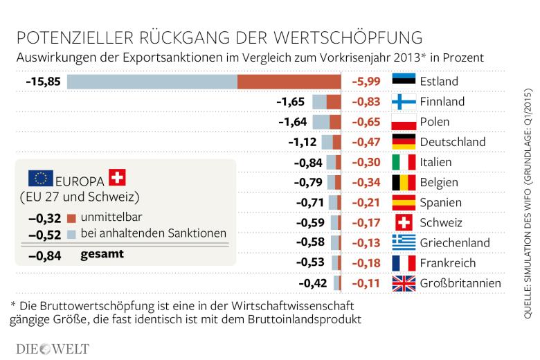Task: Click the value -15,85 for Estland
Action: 43,82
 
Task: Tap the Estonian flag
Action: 404,79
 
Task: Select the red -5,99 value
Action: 366,82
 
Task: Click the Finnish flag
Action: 404,102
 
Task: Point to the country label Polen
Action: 435,122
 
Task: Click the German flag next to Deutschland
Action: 404,142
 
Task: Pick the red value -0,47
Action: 366,142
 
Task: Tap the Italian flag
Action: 404,162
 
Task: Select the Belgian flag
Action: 404,182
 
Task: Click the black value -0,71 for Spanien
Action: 310,203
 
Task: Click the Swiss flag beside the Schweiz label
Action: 404,222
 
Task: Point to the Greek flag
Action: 404,242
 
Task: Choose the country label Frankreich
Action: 448,263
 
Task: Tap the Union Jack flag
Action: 404,283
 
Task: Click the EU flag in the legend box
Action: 41,178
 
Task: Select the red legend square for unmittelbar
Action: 71,218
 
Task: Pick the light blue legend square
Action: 71,235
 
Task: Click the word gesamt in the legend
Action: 102,254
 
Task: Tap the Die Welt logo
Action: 53,349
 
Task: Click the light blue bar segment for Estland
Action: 152,82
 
